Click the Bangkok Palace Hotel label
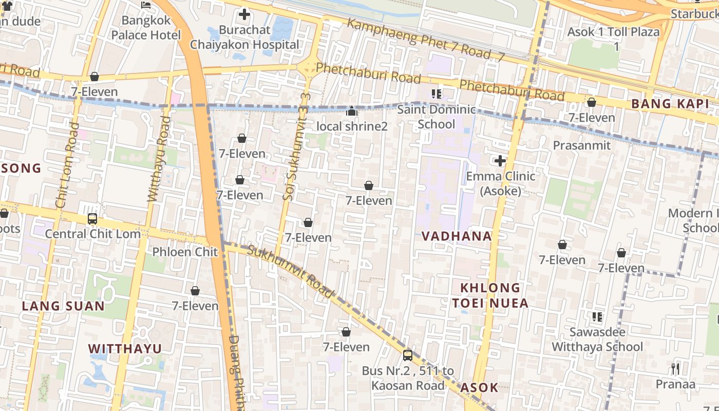146,28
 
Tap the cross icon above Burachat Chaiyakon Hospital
244,14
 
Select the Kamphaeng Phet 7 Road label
426,41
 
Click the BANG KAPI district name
670,104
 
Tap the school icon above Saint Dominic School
437,94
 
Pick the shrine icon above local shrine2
352,111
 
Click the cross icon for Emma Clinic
500,161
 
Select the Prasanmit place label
581,145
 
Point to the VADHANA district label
457,236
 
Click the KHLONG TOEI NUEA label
490,295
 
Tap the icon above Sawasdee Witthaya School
597,317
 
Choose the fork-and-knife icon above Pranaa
675,369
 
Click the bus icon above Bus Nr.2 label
408,355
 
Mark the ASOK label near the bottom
479,387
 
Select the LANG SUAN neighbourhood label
63,306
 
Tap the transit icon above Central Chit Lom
92,219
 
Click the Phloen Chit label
185,252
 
